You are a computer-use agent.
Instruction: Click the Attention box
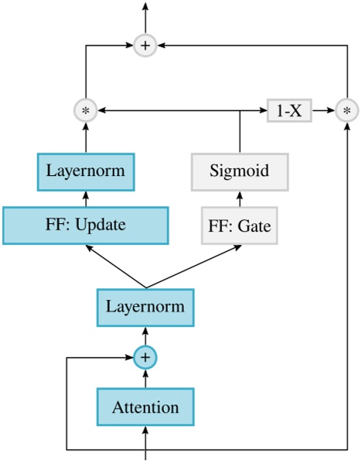(145, 407)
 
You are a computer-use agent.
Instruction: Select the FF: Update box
(85, 225)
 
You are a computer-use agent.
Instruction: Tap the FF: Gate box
(239, 227)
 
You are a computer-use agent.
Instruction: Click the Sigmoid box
(240, 171)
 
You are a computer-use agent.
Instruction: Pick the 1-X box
(289, 111)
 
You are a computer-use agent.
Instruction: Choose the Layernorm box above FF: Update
(85, 171)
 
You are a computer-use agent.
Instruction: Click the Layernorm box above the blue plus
(145, 307)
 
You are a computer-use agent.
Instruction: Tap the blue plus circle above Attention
(145, 357)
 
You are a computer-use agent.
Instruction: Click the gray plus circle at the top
(145, 46)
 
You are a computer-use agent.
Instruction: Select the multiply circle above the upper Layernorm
(85, 111)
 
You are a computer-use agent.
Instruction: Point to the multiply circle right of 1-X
(347, 111)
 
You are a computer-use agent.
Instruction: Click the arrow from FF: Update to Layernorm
(85, 198)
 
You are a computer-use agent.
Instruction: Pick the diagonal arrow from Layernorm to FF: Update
(116, 267)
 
